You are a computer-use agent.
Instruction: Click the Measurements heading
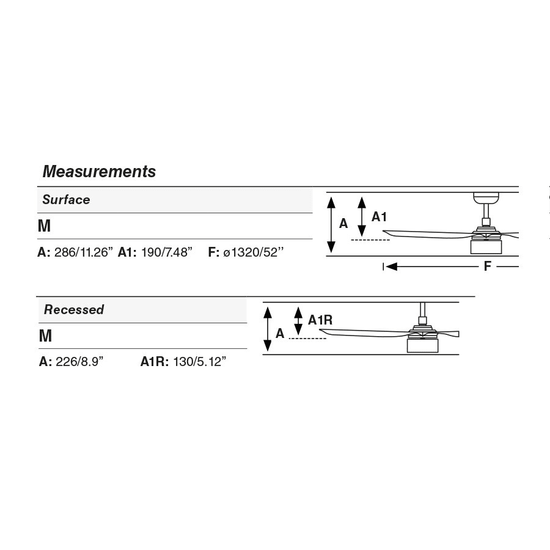99,172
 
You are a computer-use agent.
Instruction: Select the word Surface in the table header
66,200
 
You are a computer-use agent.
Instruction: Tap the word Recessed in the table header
74,309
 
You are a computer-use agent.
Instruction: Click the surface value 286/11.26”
84,252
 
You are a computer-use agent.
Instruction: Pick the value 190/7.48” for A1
167,252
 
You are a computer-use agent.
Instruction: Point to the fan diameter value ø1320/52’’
253,252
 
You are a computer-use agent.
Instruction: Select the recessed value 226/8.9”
79,361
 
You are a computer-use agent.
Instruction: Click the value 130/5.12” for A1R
200,361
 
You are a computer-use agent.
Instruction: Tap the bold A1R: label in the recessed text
155,361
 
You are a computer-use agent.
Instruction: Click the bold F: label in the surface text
214,252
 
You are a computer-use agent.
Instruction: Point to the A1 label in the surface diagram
379,217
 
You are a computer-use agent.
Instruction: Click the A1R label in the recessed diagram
320,320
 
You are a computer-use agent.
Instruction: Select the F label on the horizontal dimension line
487,266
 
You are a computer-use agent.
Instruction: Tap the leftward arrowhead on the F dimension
392,266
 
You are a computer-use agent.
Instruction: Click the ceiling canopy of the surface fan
486,198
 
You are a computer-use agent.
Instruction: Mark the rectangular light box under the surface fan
486,247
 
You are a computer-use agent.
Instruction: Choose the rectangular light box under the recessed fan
423,346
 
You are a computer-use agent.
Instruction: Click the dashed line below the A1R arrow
307,339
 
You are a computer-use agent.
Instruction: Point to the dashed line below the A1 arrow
370,240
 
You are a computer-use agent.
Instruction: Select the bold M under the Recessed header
46,335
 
